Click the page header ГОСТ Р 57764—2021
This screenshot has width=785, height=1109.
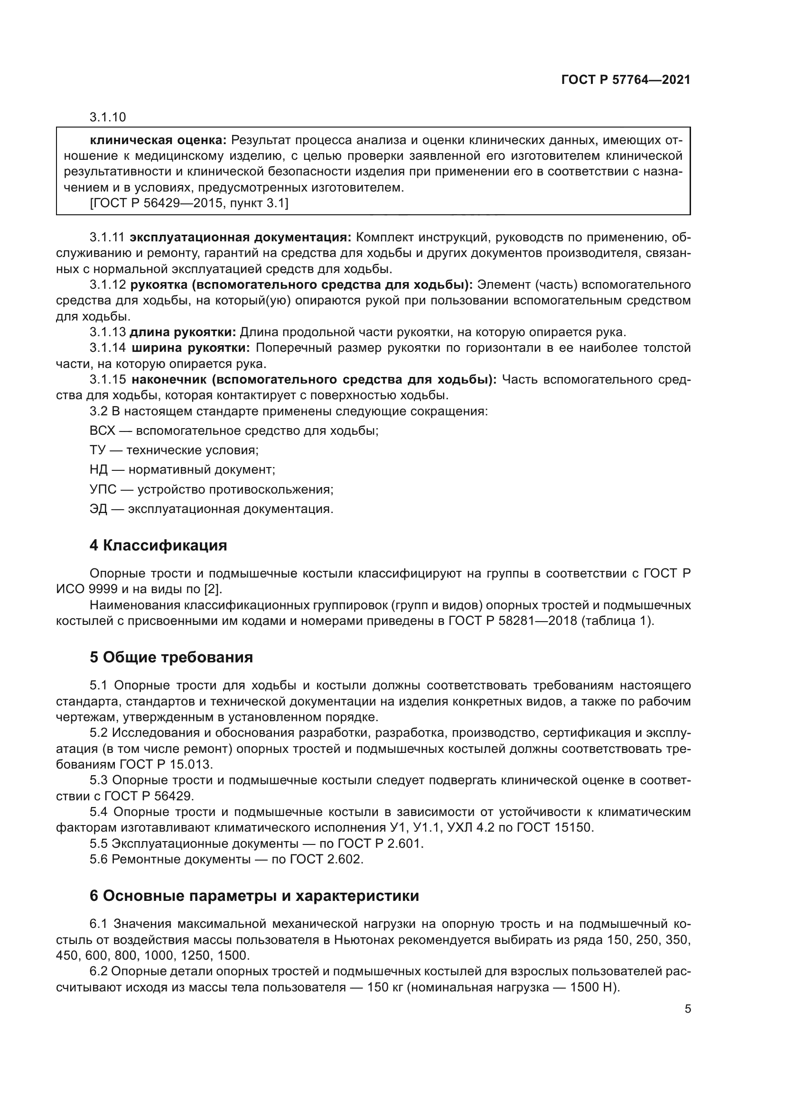pos(626,80)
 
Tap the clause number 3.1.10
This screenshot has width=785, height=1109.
pos(107,117)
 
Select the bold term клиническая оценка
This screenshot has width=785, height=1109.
pos(158,140)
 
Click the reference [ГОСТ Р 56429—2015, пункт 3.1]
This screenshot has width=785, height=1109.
pos(188,203)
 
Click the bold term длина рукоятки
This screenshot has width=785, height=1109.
pos(183,332)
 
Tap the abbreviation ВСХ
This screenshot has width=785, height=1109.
pos(102,431)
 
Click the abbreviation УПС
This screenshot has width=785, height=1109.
pos(103,490)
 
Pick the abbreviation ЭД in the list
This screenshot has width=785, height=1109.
pos(98,509)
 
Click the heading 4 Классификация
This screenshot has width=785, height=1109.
pos(158,546)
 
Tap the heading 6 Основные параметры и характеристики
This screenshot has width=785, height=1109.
pos(254,896)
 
